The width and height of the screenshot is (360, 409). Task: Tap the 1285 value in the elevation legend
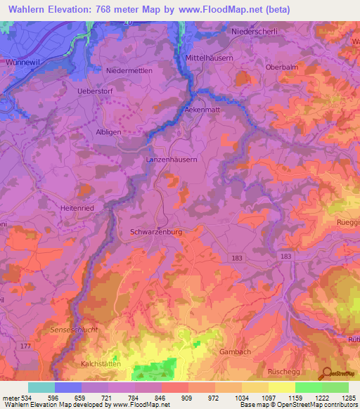(x=348, y=398)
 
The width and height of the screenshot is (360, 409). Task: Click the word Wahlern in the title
(x=27, y=10)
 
